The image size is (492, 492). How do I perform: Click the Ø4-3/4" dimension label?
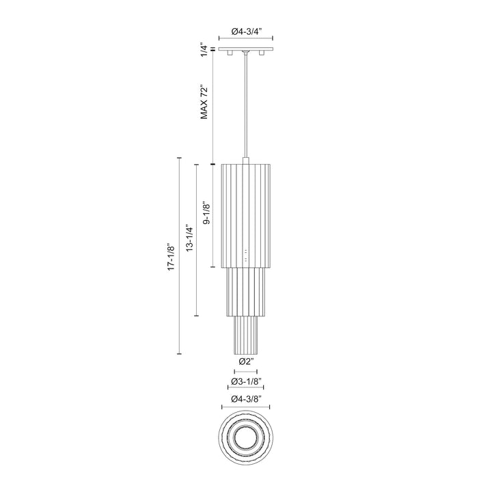(246, 31)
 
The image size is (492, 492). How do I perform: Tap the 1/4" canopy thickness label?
(204, 51)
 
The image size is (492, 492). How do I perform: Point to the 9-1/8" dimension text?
(206, 213)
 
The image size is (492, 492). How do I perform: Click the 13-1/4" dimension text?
(189, 238)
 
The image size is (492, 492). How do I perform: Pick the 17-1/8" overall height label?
(171, 256)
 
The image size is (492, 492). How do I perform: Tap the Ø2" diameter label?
(246, 361)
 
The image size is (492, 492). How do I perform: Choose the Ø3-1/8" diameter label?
(246, 381)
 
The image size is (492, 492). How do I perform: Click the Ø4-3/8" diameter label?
(246, 399)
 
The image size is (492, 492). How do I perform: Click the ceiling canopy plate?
(246, 49)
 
